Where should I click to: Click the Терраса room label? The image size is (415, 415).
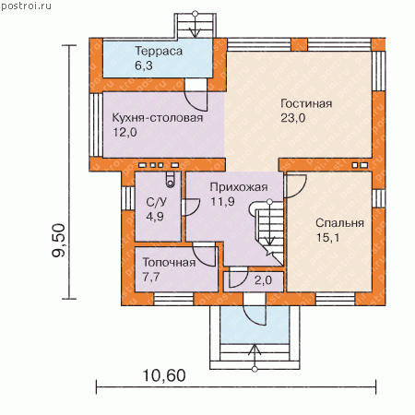pos(159,51)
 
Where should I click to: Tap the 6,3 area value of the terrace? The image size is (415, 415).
pos(144,65)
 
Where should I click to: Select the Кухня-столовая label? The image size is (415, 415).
pos(158,118)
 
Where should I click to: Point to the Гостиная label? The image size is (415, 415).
pos(306,103)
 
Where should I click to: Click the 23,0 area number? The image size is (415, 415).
pos(292,118)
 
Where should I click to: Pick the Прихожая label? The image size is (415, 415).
pos(239,187)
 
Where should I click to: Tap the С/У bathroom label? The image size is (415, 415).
pos(156,202)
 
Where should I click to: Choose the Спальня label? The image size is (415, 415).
pos(339,223)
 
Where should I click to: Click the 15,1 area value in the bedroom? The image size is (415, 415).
pos(327,238)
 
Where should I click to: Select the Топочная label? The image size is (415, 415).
pos(169,262)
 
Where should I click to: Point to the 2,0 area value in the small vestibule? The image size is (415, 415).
pos(263,280)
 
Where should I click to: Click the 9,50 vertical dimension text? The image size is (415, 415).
pos(59,241)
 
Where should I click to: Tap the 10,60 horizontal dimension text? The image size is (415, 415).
pos(164,375)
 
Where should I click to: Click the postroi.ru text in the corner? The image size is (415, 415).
pos(26,6)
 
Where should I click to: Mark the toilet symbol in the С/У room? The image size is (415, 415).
pos(171,179)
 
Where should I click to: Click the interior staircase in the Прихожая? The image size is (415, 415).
pos(268,233)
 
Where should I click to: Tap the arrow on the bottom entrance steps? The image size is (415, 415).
pos(255,358)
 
